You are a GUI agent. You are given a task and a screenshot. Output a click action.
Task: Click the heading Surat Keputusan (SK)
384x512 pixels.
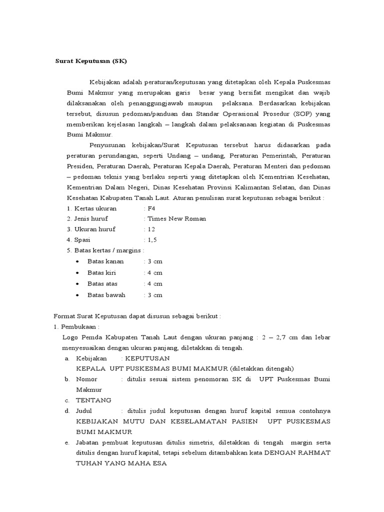coord(91,61)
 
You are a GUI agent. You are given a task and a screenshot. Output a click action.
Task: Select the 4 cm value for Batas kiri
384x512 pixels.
coord(154,272)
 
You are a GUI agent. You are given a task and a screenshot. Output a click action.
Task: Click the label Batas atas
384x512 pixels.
coord(102,283)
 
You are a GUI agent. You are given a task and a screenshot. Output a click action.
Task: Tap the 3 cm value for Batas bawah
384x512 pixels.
coord(154,294)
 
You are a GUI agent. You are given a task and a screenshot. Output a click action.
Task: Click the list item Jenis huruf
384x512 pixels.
coord(91,218)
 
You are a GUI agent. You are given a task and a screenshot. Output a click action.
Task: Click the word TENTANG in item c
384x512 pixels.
coord(93,400)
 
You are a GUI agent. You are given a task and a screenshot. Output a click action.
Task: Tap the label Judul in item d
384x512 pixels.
coord(85,410)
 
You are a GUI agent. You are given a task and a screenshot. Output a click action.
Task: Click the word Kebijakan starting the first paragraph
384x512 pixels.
coord(105,82)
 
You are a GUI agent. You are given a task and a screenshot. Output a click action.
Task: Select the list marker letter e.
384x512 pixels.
coord(67,442)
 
